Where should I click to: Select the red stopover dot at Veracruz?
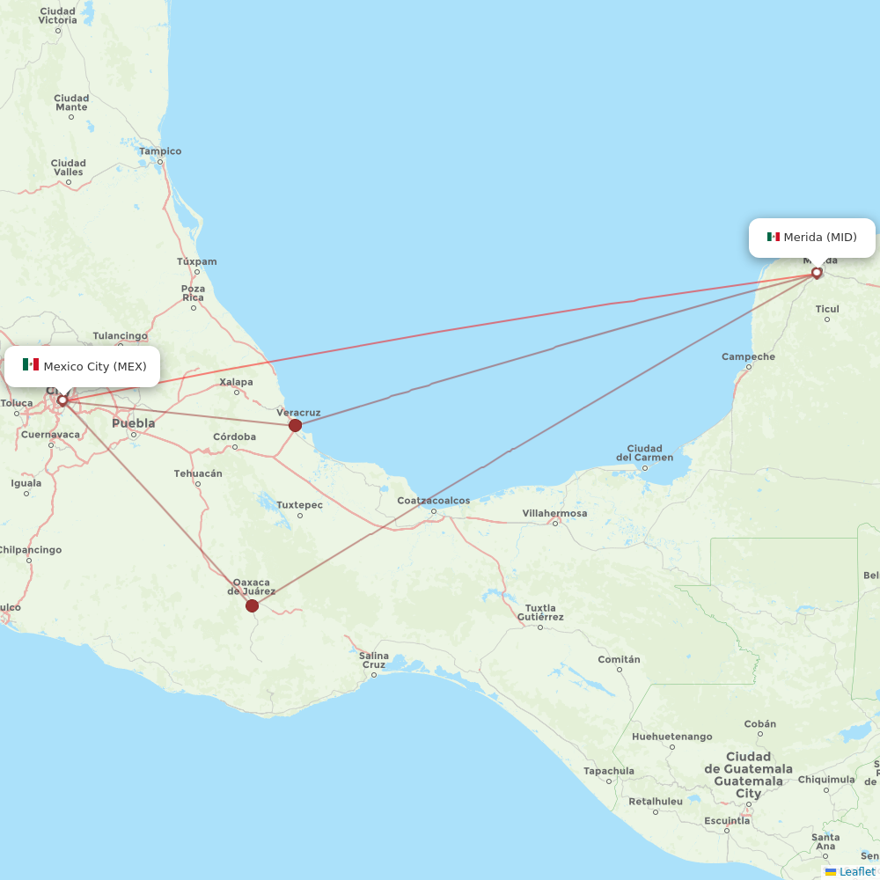click(295, 425)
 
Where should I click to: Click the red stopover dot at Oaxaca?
click(252, 605)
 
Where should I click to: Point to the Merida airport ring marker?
click(817, 273)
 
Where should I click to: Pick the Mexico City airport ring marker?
click(62, 400)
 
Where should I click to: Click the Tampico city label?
click(160, 151)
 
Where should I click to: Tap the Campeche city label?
click(748, 356)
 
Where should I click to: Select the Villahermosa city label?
click(554, 513)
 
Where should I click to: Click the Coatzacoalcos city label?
click(433, 501)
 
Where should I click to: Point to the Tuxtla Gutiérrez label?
click(540, 612)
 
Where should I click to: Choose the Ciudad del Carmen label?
click(644, 452)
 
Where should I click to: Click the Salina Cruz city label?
click(374, 660)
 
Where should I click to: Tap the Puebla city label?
click(133, 423)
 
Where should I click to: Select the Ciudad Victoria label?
click(58, 15)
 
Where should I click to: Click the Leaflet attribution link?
click(856, 871)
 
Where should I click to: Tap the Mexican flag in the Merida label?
click(774, 237)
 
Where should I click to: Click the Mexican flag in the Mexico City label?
click(31, 365)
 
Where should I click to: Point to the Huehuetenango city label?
click(671, 736)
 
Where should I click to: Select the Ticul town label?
click(827, 309)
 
